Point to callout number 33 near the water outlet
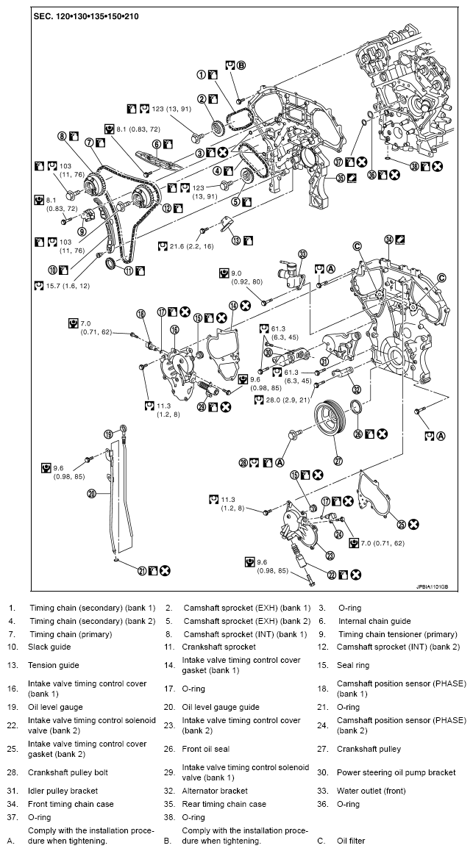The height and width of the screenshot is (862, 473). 302,254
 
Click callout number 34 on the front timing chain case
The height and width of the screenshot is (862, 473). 388,239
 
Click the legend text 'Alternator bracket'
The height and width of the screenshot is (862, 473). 215,791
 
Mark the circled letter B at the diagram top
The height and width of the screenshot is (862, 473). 241,65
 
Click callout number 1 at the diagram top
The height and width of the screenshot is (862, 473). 200,74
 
